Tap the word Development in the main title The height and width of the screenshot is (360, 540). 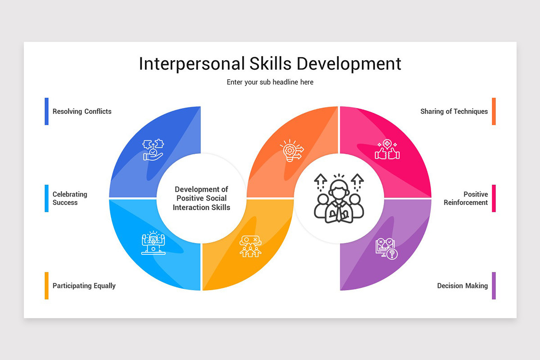(348, 64)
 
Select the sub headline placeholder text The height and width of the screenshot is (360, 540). (270, 82)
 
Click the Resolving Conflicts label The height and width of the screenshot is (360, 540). (82, 111)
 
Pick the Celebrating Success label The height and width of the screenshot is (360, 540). (70, 198)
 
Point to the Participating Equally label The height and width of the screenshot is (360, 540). (84, 286)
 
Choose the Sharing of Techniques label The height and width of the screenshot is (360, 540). (454, 111)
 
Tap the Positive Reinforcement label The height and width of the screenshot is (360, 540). (466, 198)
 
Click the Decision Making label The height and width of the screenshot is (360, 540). (463, 286)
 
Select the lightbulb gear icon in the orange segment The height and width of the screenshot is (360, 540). (291, 150)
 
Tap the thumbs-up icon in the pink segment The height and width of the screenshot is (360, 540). (387, 150)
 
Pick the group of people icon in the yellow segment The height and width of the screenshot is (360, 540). (250, 246)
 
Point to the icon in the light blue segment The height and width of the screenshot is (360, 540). (153, 243)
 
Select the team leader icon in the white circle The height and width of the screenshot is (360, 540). (338, 198)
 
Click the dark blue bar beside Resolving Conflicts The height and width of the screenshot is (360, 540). (46, 111)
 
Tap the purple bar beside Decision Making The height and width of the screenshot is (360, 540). (494, 286)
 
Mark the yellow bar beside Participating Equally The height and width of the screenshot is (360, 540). (46, 286)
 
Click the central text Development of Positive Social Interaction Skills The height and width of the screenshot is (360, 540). (202, 198)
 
